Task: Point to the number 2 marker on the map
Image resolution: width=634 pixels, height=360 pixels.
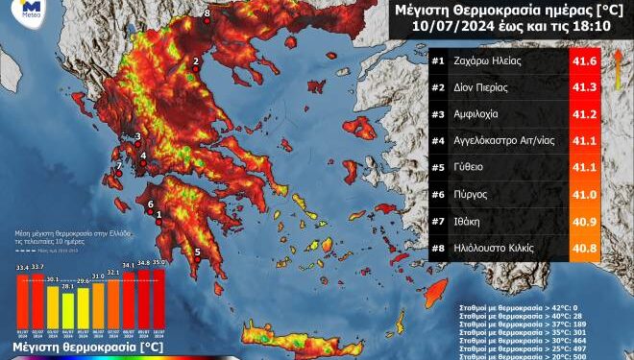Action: click(x=196, y=60)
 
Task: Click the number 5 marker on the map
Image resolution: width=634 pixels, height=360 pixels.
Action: click(x=197, y=253)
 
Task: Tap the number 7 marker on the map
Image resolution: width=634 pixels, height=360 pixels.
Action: click(x=119, y=165)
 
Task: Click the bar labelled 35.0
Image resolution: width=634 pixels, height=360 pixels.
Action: click(x=159, y=298)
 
